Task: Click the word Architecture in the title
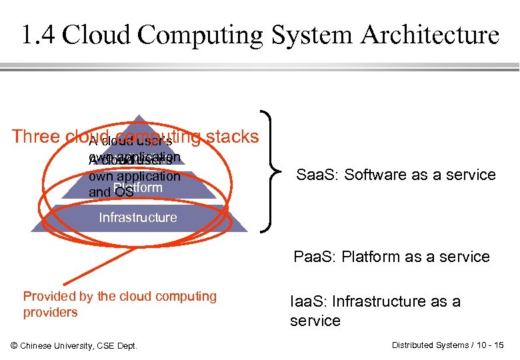(x=430, y=35)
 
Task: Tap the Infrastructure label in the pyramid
(x=138, y=217)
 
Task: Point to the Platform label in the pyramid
(x=138, y=188)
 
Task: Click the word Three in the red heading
(x=37, y=137)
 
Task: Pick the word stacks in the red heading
(x=233, y=137)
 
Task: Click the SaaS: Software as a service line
(x=396, y=175)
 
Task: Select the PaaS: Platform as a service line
(x=392, y=257)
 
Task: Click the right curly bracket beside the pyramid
(x=271, y=171)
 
